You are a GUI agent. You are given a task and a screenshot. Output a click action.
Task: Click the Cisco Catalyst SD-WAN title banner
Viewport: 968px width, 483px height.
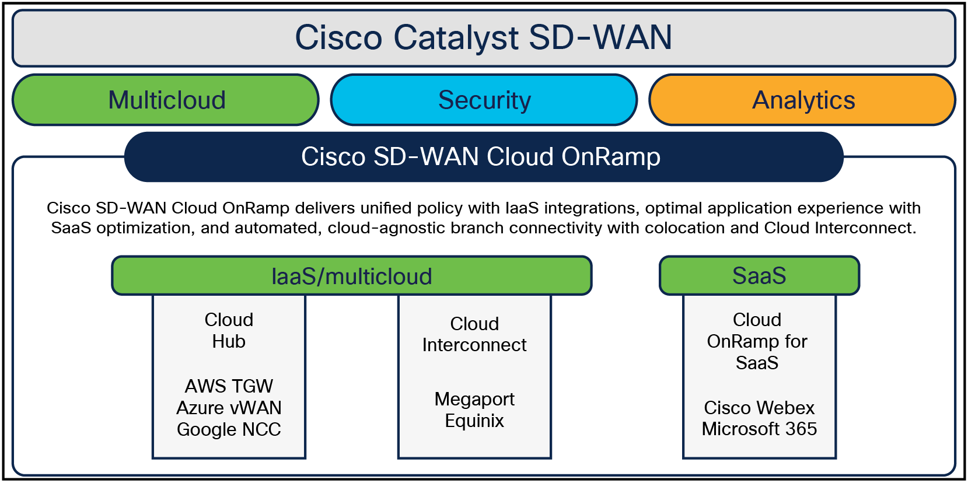(483, 38)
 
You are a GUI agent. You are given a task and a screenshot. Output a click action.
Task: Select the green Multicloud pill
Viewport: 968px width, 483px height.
(166, 100)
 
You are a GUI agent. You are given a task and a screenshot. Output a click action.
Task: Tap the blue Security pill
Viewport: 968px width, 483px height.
(484, 100)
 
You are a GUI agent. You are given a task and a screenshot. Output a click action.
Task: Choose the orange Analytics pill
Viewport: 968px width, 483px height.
(802, 100)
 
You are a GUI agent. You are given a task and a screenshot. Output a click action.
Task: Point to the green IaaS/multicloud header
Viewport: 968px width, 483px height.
(352, 276)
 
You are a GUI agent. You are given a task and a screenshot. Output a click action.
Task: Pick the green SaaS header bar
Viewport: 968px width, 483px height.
(759, 275)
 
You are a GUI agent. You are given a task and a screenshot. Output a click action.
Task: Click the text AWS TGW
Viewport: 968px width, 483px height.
(229, 386)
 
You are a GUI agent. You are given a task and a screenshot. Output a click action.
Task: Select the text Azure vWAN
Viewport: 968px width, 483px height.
(229, 408)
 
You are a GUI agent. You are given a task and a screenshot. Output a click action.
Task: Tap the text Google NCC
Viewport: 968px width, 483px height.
(229, 429)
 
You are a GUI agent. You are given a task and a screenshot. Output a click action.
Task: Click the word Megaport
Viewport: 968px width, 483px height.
(474, 399)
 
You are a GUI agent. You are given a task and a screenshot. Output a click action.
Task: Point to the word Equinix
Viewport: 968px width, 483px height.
(474, 421)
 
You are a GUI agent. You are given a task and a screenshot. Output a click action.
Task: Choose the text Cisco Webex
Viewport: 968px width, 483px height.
(759, 408)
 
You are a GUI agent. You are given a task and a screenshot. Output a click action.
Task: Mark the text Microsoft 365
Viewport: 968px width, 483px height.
(759, 429)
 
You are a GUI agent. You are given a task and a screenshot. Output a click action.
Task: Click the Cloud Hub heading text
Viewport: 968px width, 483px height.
(229, 330)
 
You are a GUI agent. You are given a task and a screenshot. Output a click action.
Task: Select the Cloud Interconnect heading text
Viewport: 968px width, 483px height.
(474, 334)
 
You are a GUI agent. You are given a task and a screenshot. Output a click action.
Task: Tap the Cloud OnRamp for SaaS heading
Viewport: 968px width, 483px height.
(757, 341)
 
